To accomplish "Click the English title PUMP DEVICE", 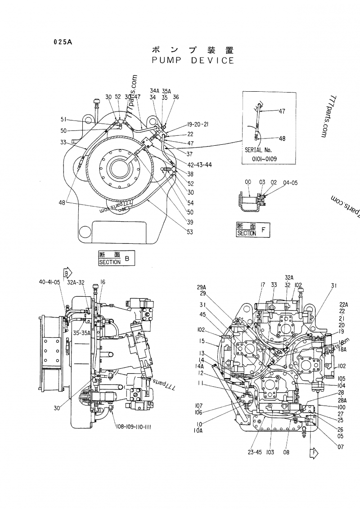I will click(193, 60).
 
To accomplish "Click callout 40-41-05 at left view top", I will click(49, 282).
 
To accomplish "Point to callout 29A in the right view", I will click(201, 287).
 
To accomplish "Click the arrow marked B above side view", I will click(67, 273).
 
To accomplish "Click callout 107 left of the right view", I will click(198, 406).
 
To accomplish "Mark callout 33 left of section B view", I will click(63, 143).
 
